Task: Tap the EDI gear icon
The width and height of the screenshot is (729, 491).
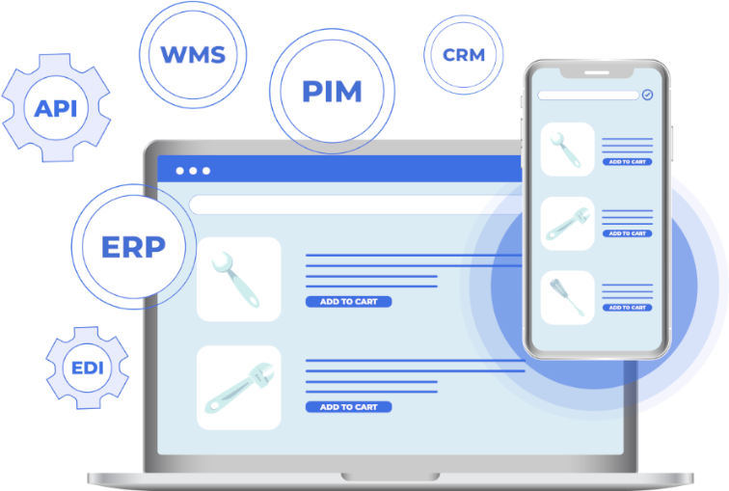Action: (x=87, y=368)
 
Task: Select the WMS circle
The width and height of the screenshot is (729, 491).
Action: (x=193, y=55)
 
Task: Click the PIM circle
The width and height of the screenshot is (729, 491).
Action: (x=332, y=92)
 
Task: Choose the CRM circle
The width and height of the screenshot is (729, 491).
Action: (x=464, y=55)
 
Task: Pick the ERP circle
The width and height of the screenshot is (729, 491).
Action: (x=133, y=247)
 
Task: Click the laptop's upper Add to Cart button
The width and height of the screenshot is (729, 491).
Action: (x=348, y=302)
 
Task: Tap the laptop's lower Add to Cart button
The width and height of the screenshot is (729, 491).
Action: (x=348, y=407)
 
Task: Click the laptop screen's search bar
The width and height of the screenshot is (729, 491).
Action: (x=347, y=205)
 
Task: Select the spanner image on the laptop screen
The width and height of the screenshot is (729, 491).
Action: (x=238, y=279)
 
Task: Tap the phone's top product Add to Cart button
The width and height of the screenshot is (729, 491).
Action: (x=627, y=162)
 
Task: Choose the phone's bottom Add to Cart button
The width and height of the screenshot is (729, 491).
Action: (x=627, y=308)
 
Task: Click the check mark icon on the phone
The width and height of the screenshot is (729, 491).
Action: (x=647, y=95)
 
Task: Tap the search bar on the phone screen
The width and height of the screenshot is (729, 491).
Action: (x=588, y=95)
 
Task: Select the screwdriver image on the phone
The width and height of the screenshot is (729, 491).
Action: (x=567, y=297)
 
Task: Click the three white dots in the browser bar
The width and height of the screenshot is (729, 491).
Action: (x=193, y=171)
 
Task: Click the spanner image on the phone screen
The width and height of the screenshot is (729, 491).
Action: (x=567, y=150)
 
